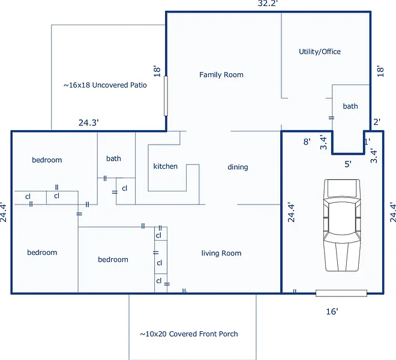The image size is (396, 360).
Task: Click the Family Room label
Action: coord(221,75)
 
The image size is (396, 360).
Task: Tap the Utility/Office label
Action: coord(320,52)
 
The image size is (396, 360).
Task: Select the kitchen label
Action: coord(166,166)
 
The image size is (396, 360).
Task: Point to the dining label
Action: coord(238,167)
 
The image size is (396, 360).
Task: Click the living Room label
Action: coord(221,253)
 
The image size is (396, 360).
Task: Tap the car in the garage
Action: coord(342,226)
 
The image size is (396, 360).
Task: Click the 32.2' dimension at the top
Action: coord(268,4)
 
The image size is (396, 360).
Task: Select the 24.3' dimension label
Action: coord(88,123)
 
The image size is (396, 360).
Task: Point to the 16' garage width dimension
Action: coord(332,311)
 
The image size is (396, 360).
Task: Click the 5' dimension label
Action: coord(348,164)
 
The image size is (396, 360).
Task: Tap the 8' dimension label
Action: coord(307,142)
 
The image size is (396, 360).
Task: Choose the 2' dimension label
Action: coord(377,122)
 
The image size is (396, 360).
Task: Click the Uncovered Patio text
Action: coord(119,85)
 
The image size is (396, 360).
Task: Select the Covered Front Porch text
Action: coord(203,334)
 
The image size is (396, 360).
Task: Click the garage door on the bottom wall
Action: coord(341,293)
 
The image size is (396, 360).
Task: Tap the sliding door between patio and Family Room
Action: coord(166,96)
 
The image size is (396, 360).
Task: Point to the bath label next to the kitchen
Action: coord(113,158)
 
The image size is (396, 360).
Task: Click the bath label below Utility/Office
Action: coord(350,106)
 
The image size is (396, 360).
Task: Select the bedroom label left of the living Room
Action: coord(113,259)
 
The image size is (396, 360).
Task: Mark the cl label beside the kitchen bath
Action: coord(125,188)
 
